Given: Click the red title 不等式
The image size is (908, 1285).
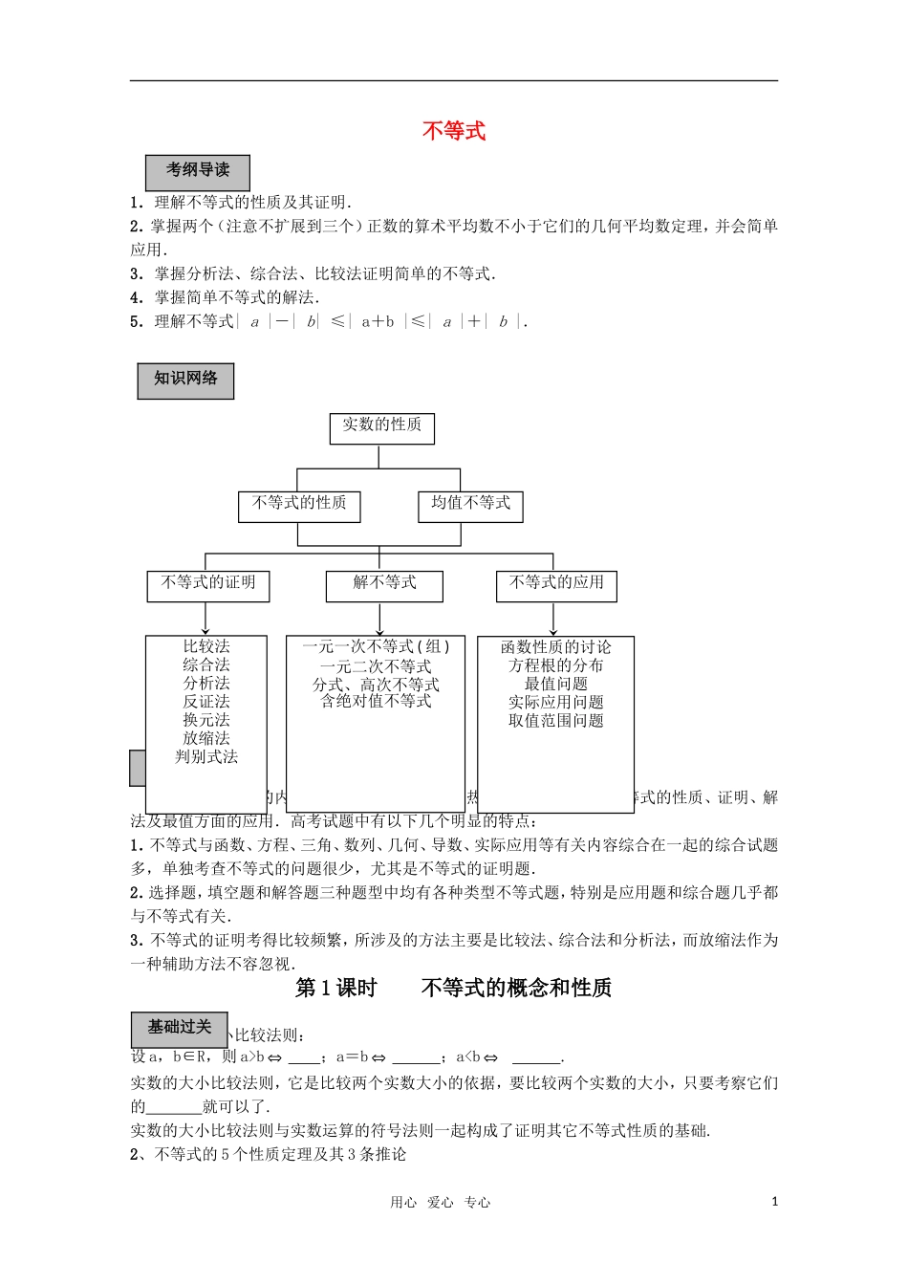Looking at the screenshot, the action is point(454,131).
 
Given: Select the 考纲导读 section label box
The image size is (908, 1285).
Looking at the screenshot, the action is point(198,171).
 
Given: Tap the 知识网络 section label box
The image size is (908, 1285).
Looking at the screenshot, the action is point(185,380).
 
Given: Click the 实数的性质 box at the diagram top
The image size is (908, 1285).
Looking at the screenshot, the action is point(382,426).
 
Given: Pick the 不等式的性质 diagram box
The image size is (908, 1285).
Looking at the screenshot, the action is point(299,505).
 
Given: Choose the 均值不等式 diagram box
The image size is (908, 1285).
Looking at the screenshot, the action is point(470,505).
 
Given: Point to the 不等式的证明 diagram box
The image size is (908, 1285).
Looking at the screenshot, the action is point(208,584).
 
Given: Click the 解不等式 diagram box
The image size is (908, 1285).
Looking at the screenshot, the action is point(384,584).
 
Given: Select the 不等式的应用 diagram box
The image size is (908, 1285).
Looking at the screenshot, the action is point(556,584).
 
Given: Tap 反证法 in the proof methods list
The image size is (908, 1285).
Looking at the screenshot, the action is point(206,702).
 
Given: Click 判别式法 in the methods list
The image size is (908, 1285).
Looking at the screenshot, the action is point(206,757).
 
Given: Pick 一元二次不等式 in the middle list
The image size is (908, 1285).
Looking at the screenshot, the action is point(376,666).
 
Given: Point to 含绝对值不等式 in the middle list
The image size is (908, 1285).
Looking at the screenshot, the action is point(376,702).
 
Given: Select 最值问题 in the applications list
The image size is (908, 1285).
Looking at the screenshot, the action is point(556,684).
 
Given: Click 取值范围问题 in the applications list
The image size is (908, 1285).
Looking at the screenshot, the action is point(556,721).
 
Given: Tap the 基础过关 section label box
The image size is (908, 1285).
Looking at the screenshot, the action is point(179,1028).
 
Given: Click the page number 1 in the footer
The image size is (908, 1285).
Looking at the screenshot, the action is point(774,1202).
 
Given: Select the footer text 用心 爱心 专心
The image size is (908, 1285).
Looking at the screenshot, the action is point(440,1203).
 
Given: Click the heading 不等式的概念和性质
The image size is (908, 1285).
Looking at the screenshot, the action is point(516,989).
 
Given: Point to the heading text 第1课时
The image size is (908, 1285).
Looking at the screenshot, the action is point(336,989).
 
